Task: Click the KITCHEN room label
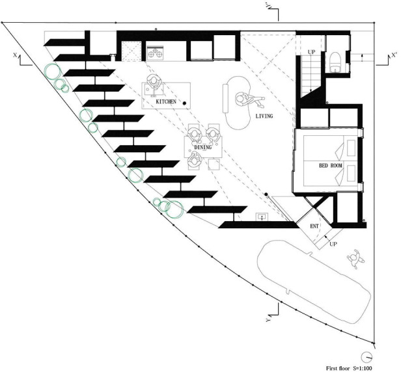[x=166, y=101]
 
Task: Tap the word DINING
[x=203, y=148]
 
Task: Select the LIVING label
[x=264, y=116]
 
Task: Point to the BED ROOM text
[x=331, y=166]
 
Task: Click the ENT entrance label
[x=314, y=226]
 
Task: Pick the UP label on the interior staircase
[x=311, y=52]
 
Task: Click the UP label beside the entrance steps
[x=333, y=244]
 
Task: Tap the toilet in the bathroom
[x=335, y=62]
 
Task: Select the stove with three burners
[x=155, y=53]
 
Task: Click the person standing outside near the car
[x=355, y=259]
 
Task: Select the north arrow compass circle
[x=366, y=356]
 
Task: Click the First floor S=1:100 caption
[x=349, y=368]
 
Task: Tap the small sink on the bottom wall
[x=262, y=217]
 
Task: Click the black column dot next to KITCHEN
[x=184, y=103]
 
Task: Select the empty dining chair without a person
[x=214, y=165]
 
